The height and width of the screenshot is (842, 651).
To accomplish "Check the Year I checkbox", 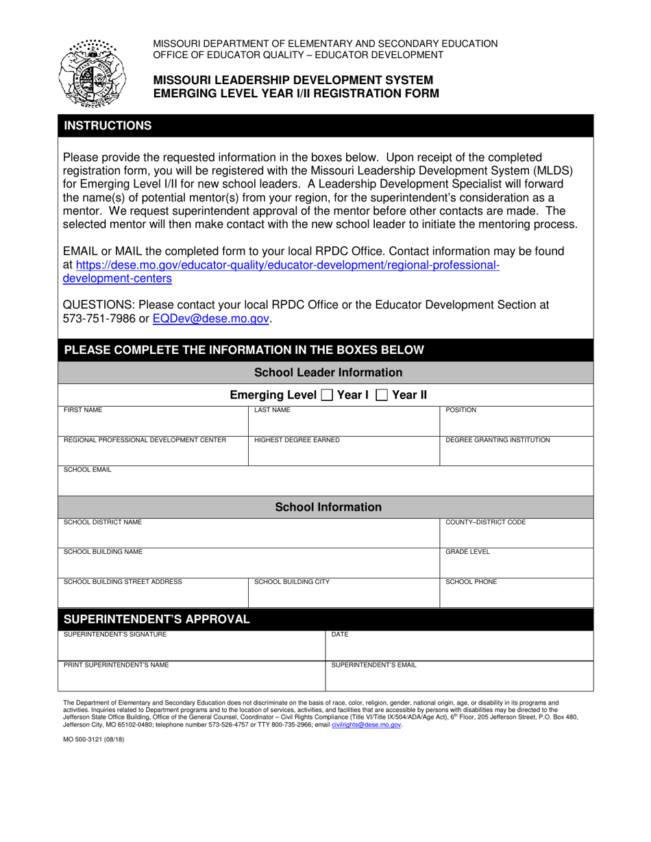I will pyautogui.click(x=328, y=395).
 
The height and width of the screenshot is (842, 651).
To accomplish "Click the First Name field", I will pyautogui.click(x=153, y=425).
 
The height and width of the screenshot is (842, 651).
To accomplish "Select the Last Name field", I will pyautogui.click(x=343, y=425).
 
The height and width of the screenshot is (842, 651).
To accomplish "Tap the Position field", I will pyautogui.click(x=515, y=425).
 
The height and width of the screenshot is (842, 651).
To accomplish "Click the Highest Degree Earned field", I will pyautogui.click(x=343, y=455).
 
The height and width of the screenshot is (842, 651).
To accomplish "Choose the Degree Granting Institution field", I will pyautogui.click(x=515, y=455).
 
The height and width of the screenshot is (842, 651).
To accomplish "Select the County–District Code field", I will pyautogui.click(x=515, y=537).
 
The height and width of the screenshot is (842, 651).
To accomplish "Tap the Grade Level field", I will pyautogui.click(x=515, y=567).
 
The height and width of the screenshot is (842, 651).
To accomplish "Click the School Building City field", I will pyautogui.click(x=343, y=597).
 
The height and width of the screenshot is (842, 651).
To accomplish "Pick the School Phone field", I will pyautogui.click(x=515, y=597).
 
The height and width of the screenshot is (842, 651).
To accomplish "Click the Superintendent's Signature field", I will pyautogui.click(x=191, y=649).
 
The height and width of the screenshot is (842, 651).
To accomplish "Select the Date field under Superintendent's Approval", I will pyautogui.click(x=458, y=649).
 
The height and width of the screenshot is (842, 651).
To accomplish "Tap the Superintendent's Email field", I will pyautogui.click(x=458, y=679).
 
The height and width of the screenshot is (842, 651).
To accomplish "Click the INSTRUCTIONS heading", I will pyautogui.click(x=108, y=126).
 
